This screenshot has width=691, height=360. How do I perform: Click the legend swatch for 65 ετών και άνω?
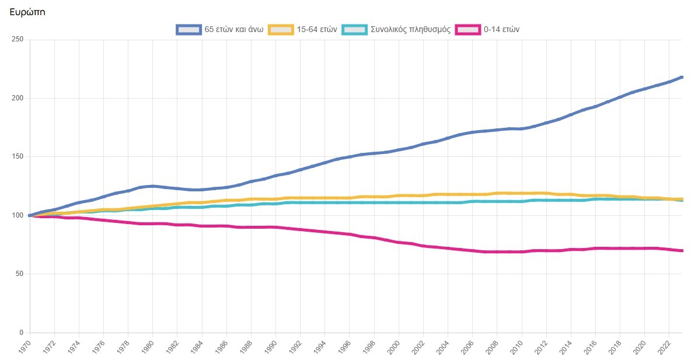coord(189,29)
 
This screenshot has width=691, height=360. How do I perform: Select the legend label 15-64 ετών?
coord(317,29)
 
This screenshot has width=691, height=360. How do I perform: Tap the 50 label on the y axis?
coord(19,274)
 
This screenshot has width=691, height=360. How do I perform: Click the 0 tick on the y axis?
coord(21,333)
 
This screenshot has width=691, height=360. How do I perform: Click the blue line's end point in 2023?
coord(682,77)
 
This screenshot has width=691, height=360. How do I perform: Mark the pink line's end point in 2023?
coord(682,251)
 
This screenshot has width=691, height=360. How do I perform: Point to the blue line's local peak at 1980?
coord(152,186)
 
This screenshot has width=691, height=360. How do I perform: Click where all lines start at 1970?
coord(30,215)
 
